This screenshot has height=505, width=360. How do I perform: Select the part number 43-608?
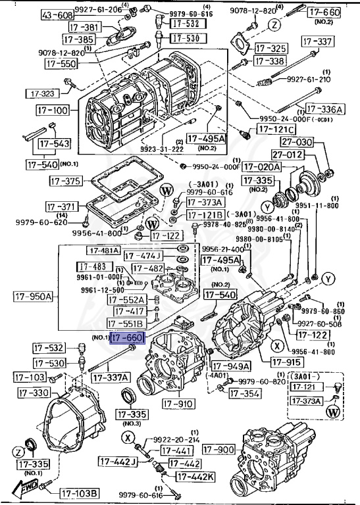(58, 15)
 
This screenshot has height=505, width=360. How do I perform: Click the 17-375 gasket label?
(64, 181)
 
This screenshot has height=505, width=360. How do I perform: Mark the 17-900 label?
(218, 449)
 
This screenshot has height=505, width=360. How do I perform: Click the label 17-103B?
(80, 493)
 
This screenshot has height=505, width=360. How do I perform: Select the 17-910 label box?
(177, 403)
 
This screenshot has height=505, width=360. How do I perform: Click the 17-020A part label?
(262, 167)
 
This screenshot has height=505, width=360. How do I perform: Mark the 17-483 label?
(92, 266)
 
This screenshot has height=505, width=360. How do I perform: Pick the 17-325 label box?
(270, 49)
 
